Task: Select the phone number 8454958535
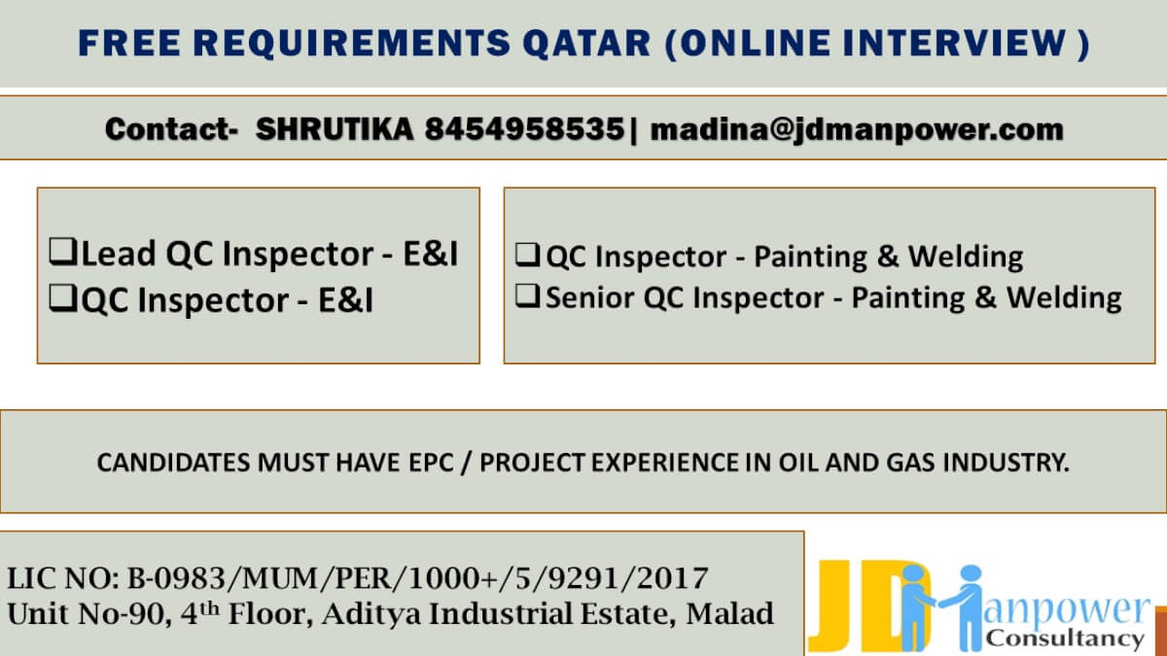pyautogui.click(x=524, y=129)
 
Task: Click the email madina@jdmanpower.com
pyautogui.click(x=856, y=129)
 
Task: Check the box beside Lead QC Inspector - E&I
pyautogui.click(x=64, y=254)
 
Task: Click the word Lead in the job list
pyautogui.click(x=119, y=254)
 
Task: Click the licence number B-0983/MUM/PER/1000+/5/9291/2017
pyautogui.click(x=416, y=579)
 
